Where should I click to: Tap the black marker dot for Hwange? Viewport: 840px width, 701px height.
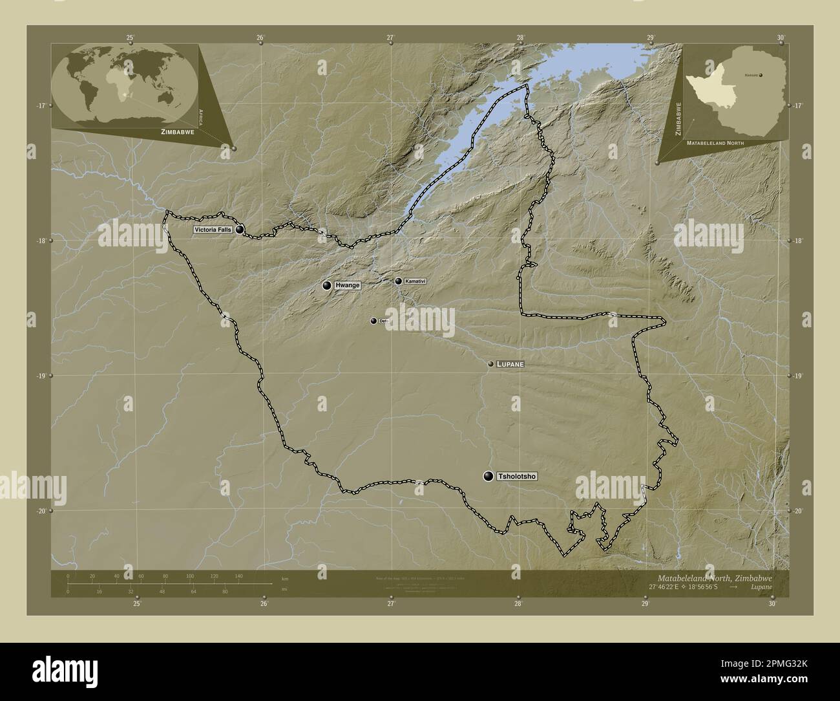point(327,285)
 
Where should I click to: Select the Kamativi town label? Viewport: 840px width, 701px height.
point(416,281)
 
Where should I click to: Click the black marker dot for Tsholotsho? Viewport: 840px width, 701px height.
point(488,477)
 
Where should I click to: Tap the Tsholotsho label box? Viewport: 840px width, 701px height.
point(517,477)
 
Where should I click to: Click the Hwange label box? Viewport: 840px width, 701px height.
point(348,285)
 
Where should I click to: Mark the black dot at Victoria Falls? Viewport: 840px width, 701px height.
point(240,229)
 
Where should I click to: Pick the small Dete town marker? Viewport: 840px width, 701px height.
point(373,321)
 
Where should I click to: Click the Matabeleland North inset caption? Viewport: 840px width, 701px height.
point(715,142)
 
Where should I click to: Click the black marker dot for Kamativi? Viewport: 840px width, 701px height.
point(398,281)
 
